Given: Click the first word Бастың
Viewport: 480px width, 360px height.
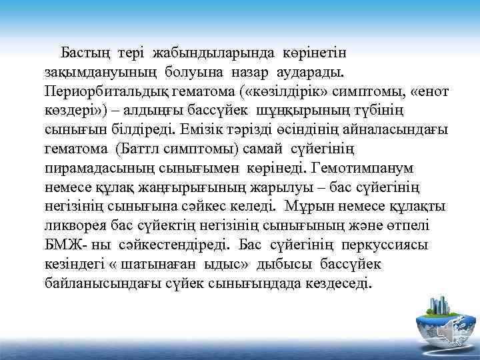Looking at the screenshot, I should pyautogui.click(x=86, y=51).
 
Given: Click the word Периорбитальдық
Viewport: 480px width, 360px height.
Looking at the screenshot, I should pyautogui.click(x=107, y=89).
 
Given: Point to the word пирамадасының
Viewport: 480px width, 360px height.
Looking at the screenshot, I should pyautogui.click(x=96, y=163).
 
